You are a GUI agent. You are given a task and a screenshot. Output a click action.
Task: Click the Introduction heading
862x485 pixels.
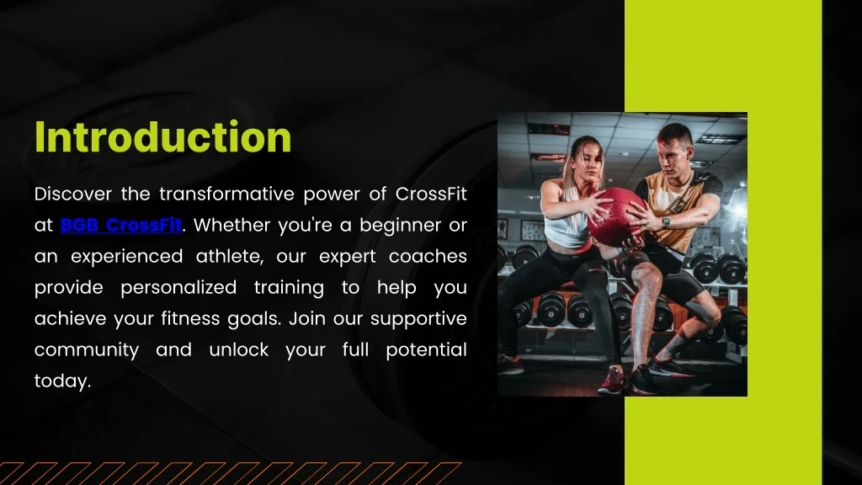pos(162,137)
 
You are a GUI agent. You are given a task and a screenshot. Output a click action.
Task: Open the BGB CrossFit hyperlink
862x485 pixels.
pos(121,226)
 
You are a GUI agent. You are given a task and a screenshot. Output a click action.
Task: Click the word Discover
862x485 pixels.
pos(73,195)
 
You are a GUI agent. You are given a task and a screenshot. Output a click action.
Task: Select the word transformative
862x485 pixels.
pos(226,195)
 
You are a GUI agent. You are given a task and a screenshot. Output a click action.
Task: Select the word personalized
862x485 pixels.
pos(178,288)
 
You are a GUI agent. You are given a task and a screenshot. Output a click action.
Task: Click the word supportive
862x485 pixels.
pos(418,319)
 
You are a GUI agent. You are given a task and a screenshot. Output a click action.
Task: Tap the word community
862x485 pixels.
pos(87,350)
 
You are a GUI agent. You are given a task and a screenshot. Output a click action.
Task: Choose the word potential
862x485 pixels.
pos(426,350)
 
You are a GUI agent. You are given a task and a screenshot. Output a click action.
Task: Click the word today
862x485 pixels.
pos(61,381)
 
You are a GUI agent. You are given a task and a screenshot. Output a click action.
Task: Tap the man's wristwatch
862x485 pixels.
pos(666,222)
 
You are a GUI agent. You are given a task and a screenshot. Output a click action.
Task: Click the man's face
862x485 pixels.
pos(673,152)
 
